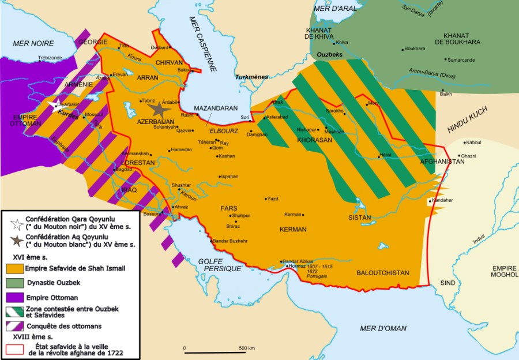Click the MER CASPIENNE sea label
[x=204, y=44]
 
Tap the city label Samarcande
[x=461, y=59]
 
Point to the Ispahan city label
[x=229, y=177]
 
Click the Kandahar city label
[x=443, y=200]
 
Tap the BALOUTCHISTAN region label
[x=382, y=272]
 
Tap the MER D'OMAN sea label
[x=382, y=328]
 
